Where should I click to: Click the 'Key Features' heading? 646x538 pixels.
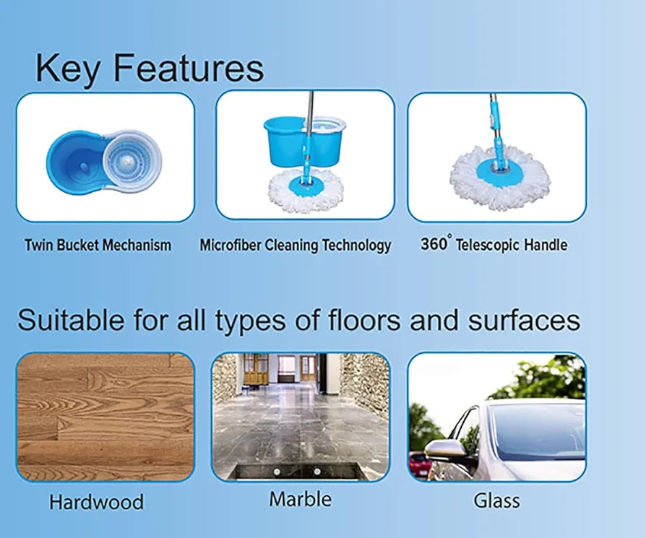150,69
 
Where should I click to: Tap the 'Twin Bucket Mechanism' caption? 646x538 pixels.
98,245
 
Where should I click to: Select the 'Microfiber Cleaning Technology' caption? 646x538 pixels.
295,245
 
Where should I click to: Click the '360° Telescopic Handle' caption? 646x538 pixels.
494,245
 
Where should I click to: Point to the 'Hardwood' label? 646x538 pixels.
96,501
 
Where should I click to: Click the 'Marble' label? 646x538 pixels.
300,499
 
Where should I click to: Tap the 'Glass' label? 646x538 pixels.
496,500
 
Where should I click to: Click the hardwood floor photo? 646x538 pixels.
105,417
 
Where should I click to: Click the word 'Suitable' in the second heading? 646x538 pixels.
69,320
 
